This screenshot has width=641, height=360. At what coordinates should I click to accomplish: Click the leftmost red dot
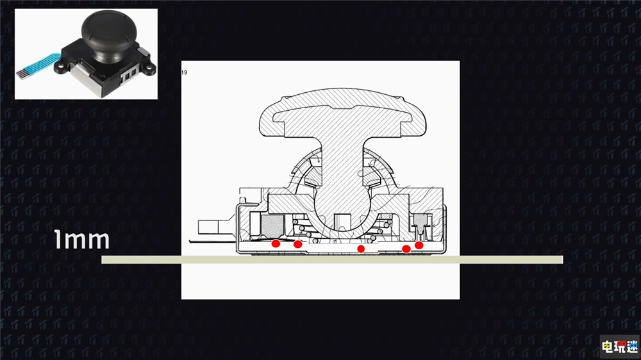[x=276, y=243]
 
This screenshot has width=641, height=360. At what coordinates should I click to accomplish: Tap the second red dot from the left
[x=297, y=244]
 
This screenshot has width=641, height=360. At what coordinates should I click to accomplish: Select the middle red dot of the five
[x=360, y=249]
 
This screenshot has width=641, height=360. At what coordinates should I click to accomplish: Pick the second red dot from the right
[x=406, y=249]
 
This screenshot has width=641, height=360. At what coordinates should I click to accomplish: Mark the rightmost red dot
[x=419, y=245]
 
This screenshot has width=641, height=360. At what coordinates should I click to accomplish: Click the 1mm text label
[x=82, y=240]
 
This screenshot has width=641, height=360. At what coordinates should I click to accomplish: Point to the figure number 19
[x=184, y=72]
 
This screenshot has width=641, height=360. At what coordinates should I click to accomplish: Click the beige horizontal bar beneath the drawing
[x=332, y=259]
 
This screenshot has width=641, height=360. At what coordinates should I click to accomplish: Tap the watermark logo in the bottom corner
[x=619, y=347]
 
